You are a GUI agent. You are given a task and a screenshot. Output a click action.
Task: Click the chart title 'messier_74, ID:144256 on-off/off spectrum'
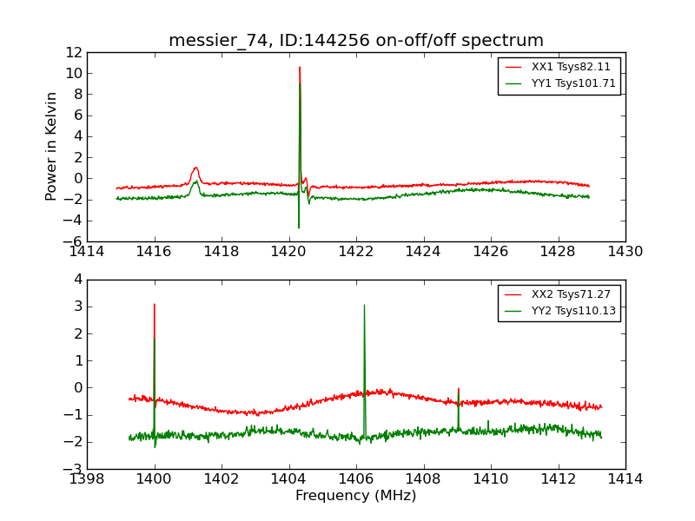click(x=356, y=41)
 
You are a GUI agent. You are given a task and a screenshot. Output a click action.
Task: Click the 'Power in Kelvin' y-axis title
click(x=52, y=146)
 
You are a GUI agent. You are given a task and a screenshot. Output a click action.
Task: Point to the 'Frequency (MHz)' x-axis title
click(x=356, y=496)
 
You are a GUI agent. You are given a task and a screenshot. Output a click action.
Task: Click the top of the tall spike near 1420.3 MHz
click(x=300, y=68)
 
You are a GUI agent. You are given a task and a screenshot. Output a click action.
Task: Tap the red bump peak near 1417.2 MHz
click(x=196, y=168)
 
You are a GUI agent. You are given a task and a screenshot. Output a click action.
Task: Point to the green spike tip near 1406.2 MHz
click(x=364, y=305)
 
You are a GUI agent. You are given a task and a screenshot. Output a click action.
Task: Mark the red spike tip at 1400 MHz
click(x=154, y=304)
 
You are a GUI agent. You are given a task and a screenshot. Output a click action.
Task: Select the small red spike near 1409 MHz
click(x=458, y=389)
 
